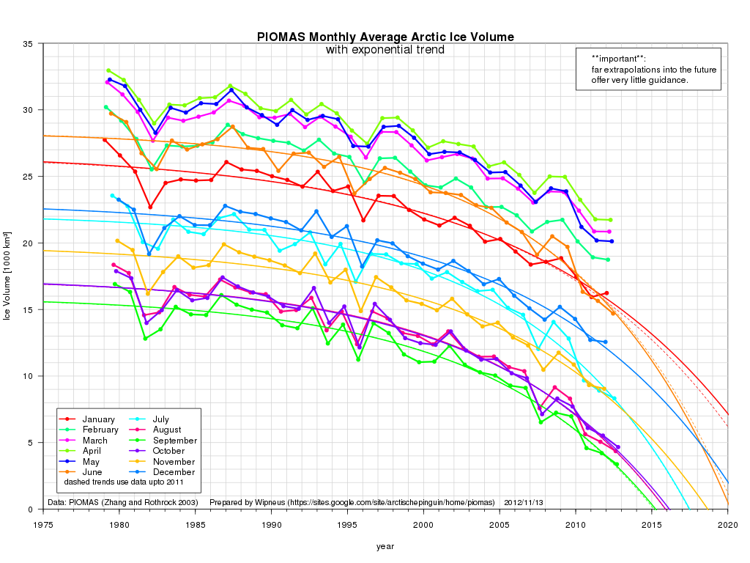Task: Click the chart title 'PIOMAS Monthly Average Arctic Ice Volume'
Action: [x=385, y=37]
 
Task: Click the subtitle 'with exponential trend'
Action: [x=385, y=50]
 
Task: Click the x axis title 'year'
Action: [x=385, y=546]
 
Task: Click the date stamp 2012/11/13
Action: [x=524, y=503]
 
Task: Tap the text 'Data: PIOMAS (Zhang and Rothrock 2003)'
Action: [x=124, y=503]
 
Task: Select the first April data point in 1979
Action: [x=108, y=70]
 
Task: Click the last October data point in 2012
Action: [x=617, y=447]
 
